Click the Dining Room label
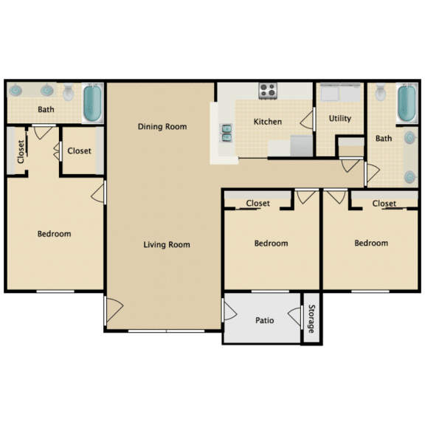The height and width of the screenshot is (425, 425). (x=162, y=126)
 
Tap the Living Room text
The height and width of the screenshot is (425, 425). (x=167, y=244)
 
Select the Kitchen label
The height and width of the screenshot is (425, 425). (x=268, y=121)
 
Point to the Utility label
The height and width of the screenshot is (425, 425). (x=340, y=118)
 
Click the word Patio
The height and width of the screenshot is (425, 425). (x=265, y=320)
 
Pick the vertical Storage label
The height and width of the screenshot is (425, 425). (x=312, y=319)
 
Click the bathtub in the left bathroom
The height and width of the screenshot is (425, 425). (x=92, y=103)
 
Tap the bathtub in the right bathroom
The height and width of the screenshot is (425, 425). (x=406, y=106)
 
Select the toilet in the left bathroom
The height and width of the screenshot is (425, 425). (x=69, y=93)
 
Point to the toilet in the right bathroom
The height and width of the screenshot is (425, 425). (x=381, y=93)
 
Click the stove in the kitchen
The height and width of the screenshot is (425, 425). (x=267, y=91)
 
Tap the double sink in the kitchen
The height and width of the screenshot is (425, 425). (x=225, y=133)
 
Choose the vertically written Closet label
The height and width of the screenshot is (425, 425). (x=21, y=152)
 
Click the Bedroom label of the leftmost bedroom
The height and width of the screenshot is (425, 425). (x=55, y=234)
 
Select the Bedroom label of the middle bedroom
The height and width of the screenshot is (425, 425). (x=271, y=243)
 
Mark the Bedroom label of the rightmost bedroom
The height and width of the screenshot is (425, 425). (x=371, y=243)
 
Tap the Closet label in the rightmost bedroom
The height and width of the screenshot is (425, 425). (x=384, y=203)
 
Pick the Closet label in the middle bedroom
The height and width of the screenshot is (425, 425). (x=258, y=203)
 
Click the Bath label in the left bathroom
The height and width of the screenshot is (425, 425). (x=46, y=111)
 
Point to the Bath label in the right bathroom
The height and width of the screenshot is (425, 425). (x=384, y=138)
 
